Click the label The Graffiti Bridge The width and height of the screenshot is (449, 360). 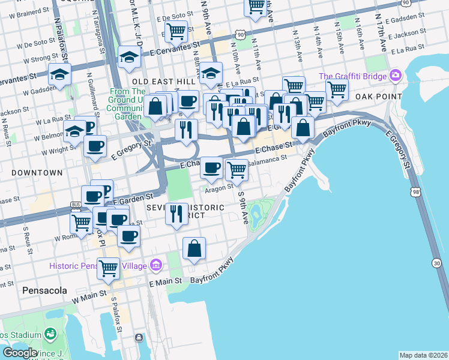point(352,76)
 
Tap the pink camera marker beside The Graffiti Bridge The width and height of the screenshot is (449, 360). point(395,76)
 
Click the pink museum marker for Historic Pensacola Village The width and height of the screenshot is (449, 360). point(157,265)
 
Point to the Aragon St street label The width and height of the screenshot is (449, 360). point(218,188)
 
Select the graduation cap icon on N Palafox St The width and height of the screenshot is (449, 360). point(60,74)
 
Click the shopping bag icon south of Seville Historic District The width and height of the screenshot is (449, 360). point(194,248)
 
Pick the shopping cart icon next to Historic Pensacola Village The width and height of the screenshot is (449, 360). point(108,268)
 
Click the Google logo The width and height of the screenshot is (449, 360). point(20,353)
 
